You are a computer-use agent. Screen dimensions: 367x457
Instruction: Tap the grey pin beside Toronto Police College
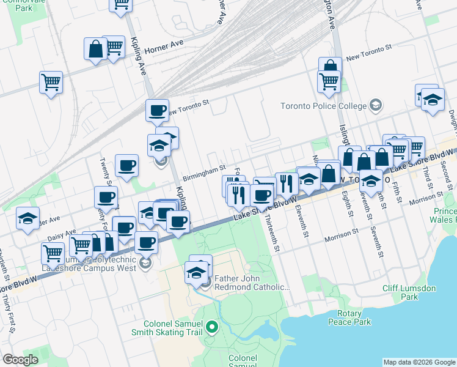tap(375, 106)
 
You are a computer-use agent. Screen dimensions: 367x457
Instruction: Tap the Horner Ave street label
tap(164, 45)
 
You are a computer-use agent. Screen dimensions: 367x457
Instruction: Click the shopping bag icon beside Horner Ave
tap(96, 49)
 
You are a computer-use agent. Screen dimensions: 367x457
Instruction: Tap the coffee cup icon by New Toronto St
tap(157, 111)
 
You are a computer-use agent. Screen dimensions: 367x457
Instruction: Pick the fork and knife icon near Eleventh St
tap(286, 182)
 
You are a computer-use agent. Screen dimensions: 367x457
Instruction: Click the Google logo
tap(20, 360)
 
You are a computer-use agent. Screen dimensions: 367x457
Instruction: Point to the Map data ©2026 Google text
tap(419, 362)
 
